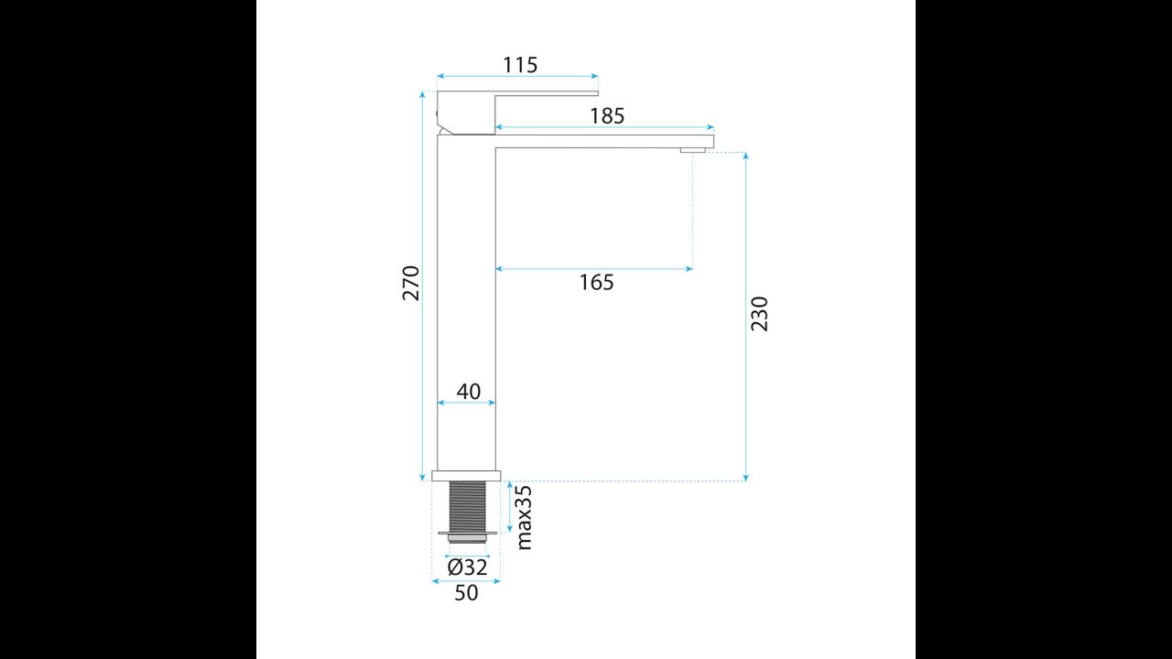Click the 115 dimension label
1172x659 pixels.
(x=520, y=65)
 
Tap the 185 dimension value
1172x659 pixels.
(x=607, y=116)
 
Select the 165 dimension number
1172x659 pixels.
(x=596, y=283)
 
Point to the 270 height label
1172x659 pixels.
(x=411, y=284)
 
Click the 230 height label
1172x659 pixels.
(x=760, y=314)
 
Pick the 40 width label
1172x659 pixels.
(x=468, y=391)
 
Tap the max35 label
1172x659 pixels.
(x=524, y=518)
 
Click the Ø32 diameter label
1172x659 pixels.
(x=467, y=567)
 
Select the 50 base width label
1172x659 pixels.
(x=466, y=593)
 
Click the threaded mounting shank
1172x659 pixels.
(x=467, y=506)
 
